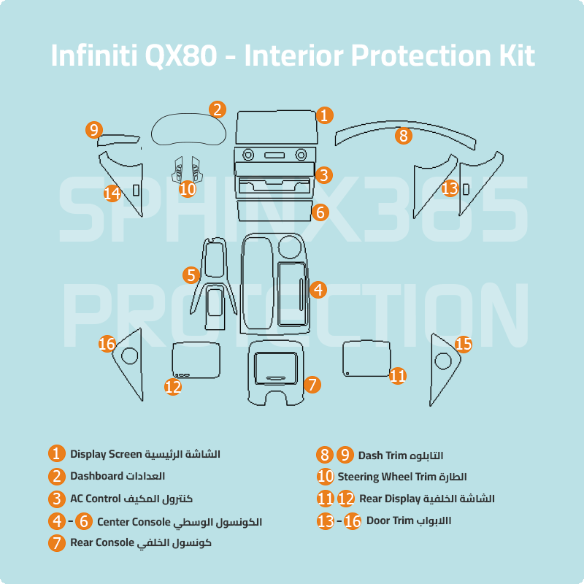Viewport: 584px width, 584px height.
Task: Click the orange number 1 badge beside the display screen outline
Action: point(325,115)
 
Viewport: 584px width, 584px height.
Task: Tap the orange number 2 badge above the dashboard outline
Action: point(217,109)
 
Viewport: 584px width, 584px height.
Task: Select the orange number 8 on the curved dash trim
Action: point(404,136)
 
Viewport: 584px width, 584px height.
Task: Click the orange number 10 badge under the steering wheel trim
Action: point(188,189)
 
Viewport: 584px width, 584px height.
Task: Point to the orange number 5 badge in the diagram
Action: point(191,275)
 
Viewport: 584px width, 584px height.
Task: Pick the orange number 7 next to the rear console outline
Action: point(312,384)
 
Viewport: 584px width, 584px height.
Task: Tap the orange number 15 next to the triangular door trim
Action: point(464,344)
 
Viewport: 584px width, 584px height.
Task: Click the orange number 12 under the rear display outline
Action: point(173,387)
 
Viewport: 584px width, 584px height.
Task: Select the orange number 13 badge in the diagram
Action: point(450,188)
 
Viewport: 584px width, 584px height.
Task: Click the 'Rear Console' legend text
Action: point(102,543)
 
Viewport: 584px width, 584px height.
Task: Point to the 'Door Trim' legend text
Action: point(389,521)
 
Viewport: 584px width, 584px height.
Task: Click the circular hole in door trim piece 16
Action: point(129,356)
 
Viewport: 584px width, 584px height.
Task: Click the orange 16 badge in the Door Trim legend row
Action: point(353,522)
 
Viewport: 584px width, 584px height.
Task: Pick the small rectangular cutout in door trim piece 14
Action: point(137,190)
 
